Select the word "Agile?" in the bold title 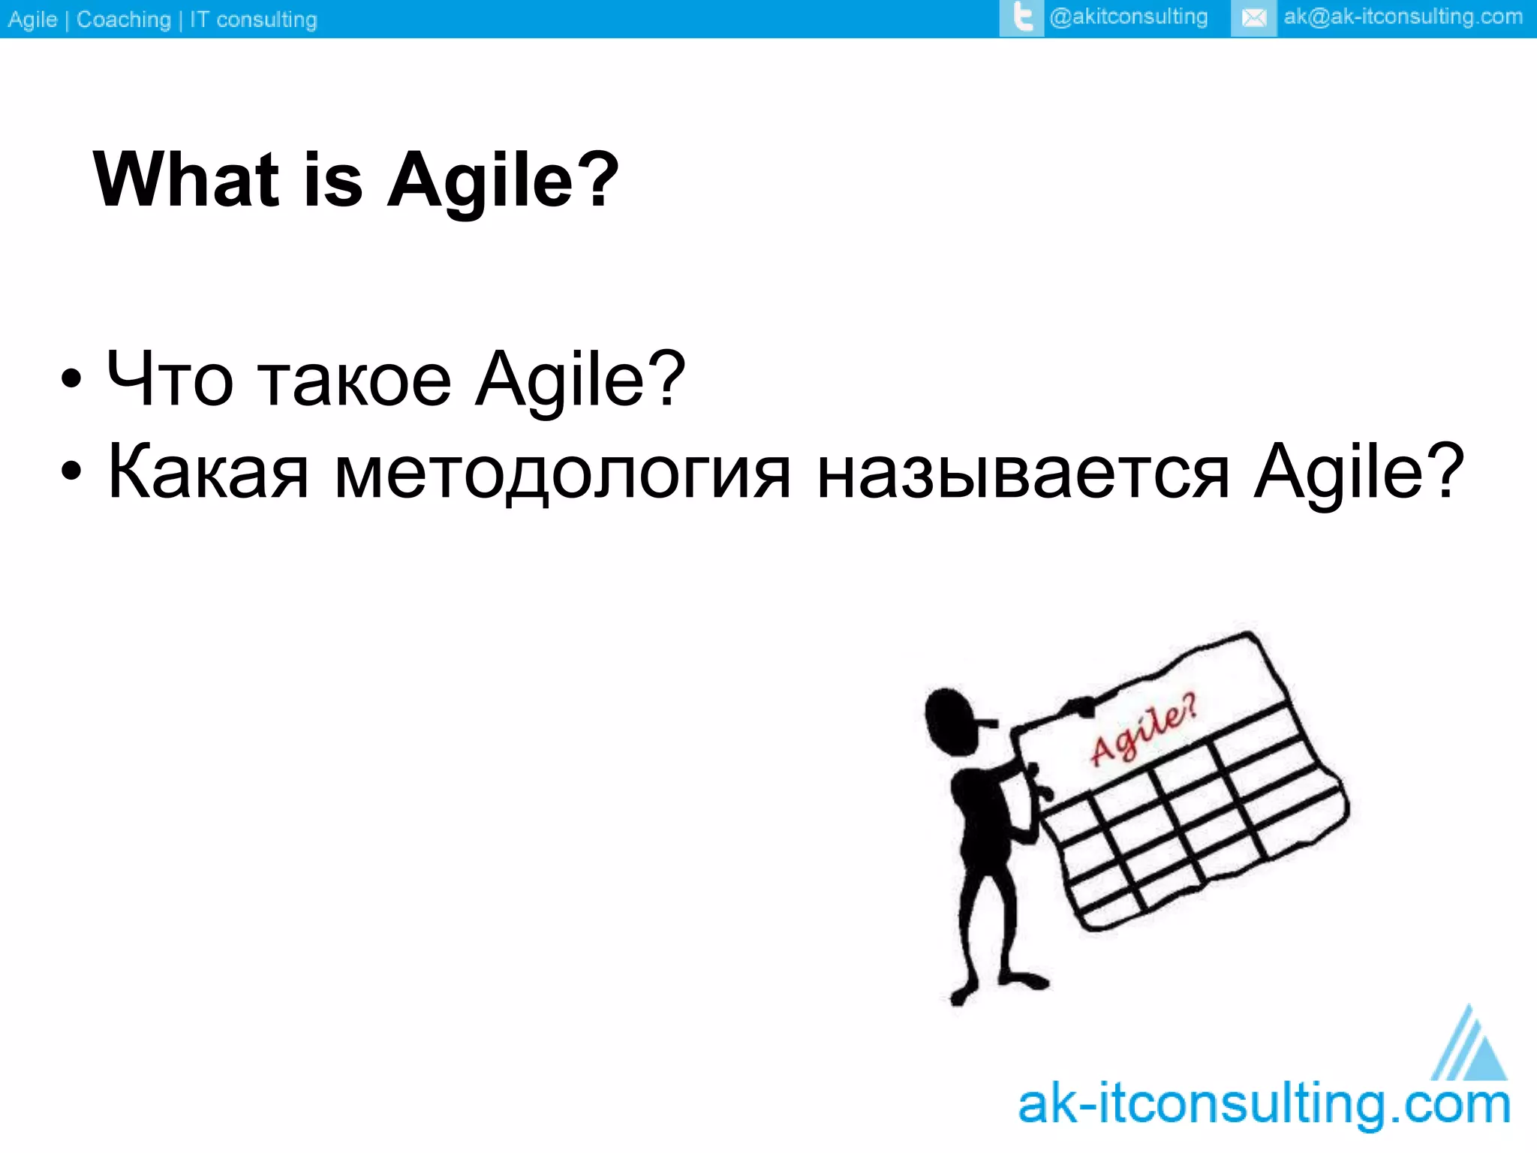503,180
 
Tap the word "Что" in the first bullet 170,379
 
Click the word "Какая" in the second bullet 208,472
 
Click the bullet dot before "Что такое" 71,379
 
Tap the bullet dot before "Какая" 71,472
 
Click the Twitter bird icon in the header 1021,17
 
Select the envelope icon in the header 1253,18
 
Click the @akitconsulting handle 1128,17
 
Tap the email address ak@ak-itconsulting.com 1403,17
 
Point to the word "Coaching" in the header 124,20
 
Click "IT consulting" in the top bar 253,20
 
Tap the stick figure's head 952,721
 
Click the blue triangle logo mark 1471,1047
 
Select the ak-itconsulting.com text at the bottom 1264,1105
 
